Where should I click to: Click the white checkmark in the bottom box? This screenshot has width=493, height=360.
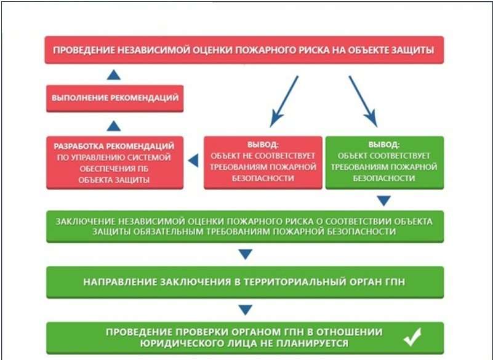pos(412,337)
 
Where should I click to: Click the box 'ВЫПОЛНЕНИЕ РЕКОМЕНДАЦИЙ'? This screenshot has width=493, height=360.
pos(114,98)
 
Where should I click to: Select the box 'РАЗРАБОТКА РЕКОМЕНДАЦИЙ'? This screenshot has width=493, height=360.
pos(114,162)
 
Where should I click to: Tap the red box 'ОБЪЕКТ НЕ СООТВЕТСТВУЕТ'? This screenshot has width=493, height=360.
pos(263,162)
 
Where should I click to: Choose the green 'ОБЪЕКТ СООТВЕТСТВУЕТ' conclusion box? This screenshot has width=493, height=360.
pos(385,162)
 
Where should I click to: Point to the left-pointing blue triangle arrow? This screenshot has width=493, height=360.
pos(193,161)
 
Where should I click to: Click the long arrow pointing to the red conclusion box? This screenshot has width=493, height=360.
pos(284,102)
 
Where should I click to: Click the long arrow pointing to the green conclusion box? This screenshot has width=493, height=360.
pos(363,102)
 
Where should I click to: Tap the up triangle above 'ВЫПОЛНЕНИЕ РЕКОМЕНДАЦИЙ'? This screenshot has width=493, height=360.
pos(114,75)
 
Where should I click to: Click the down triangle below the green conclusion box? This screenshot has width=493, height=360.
pos(384,201)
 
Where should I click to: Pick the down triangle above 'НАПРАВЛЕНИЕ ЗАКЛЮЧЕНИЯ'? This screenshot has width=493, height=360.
pos(245,254)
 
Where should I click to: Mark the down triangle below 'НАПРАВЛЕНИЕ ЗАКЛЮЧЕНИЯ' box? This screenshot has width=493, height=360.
pos(245,310)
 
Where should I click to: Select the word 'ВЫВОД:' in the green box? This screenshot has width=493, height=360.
pos(384,145)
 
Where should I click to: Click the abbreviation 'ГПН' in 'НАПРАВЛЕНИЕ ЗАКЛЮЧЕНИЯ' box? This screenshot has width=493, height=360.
pos(395,282)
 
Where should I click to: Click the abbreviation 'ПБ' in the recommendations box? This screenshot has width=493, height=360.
pos(143,169)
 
